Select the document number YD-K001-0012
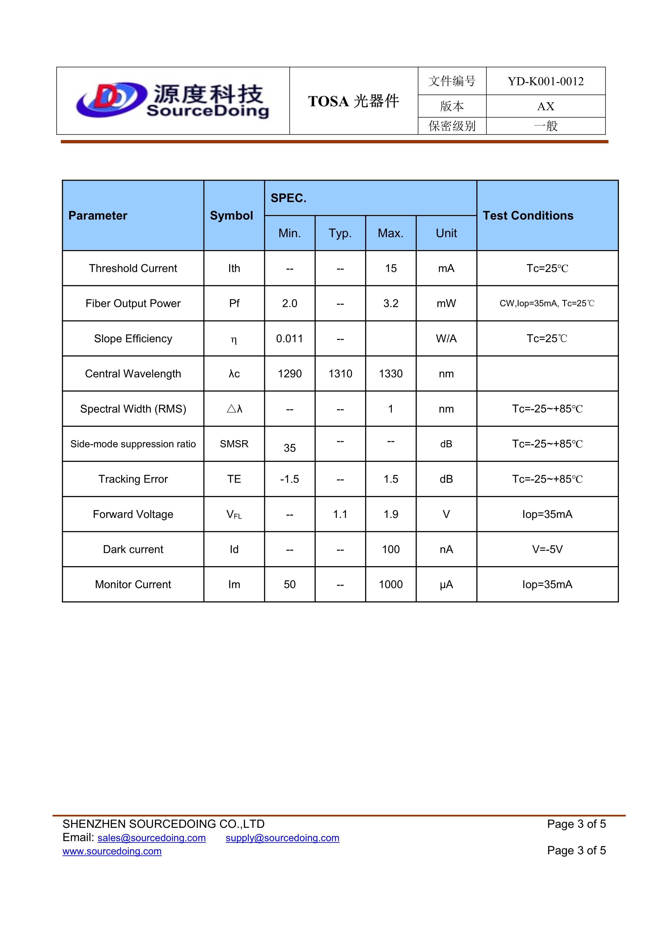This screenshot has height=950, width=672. point(545,82)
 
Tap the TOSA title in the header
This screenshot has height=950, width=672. point(353,101)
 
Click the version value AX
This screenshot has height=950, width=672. point(545,106)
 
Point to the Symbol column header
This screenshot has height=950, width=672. point(231,216)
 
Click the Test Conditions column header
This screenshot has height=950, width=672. point(528,216)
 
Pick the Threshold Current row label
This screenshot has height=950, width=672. point(133,268)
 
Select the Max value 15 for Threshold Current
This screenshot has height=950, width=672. point(391,268)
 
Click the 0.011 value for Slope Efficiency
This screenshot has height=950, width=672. point(290,339)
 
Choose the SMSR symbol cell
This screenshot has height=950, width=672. point(234,444)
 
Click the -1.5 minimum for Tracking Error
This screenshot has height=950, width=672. point(290,479)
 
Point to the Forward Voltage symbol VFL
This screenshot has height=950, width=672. point(234,515)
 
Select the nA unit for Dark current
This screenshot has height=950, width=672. point(446,549)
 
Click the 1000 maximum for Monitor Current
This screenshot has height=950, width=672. point(391,585)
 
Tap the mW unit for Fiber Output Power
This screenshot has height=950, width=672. point(446,304)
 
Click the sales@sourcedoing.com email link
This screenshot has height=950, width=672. point(151,838)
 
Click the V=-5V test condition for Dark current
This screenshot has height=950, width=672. point(547,549)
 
